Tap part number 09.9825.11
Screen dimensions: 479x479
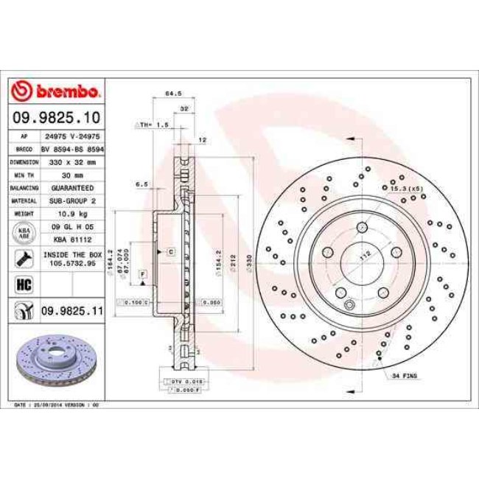(71, 312)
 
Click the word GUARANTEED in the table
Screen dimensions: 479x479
(71, 187)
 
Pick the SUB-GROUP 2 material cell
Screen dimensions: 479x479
(71, 200)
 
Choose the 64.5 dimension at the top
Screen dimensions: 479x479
(172, 94)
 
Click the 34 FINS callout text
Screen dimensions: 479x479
(405, 376)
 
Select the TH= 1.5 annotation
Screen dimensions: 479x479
(152, 125)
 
